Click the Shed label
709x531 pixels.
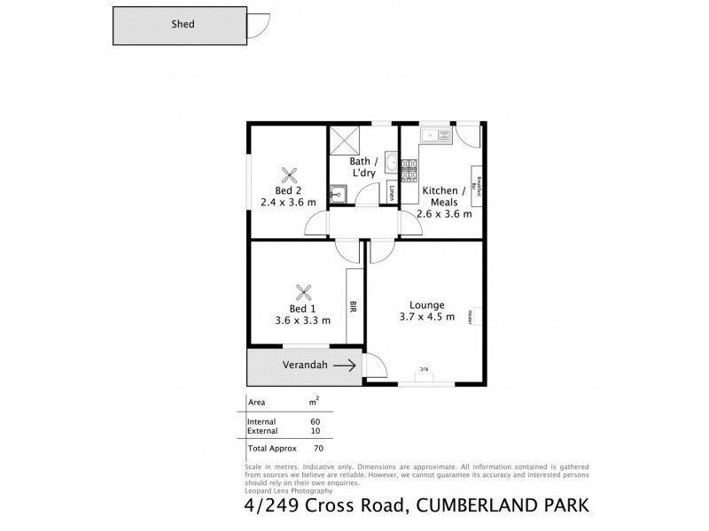(183, 25)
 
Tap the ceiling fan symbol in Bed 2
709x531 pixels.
(288, 173)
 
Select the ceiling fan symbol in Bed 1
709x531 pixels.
(305, 291)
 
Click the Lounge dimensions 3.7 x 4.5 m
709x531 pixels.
(426, 317)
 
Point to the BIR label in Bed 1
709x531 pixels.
(354, 307)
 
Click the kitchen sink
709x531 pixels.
(431, 135)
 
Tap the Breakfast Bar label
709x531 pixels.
(479, 185)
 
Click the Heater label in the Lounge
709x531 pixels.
(477, 315)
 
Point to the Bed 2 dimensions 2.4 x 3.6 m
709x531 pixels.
(288, 202)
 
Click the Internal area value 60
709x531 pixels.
(315, 421)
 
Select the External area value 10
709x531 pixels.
(315, 430)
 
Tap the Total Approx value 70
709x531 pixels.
(315, 448)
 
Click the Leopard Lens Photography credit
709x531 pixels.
(288, 490)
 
